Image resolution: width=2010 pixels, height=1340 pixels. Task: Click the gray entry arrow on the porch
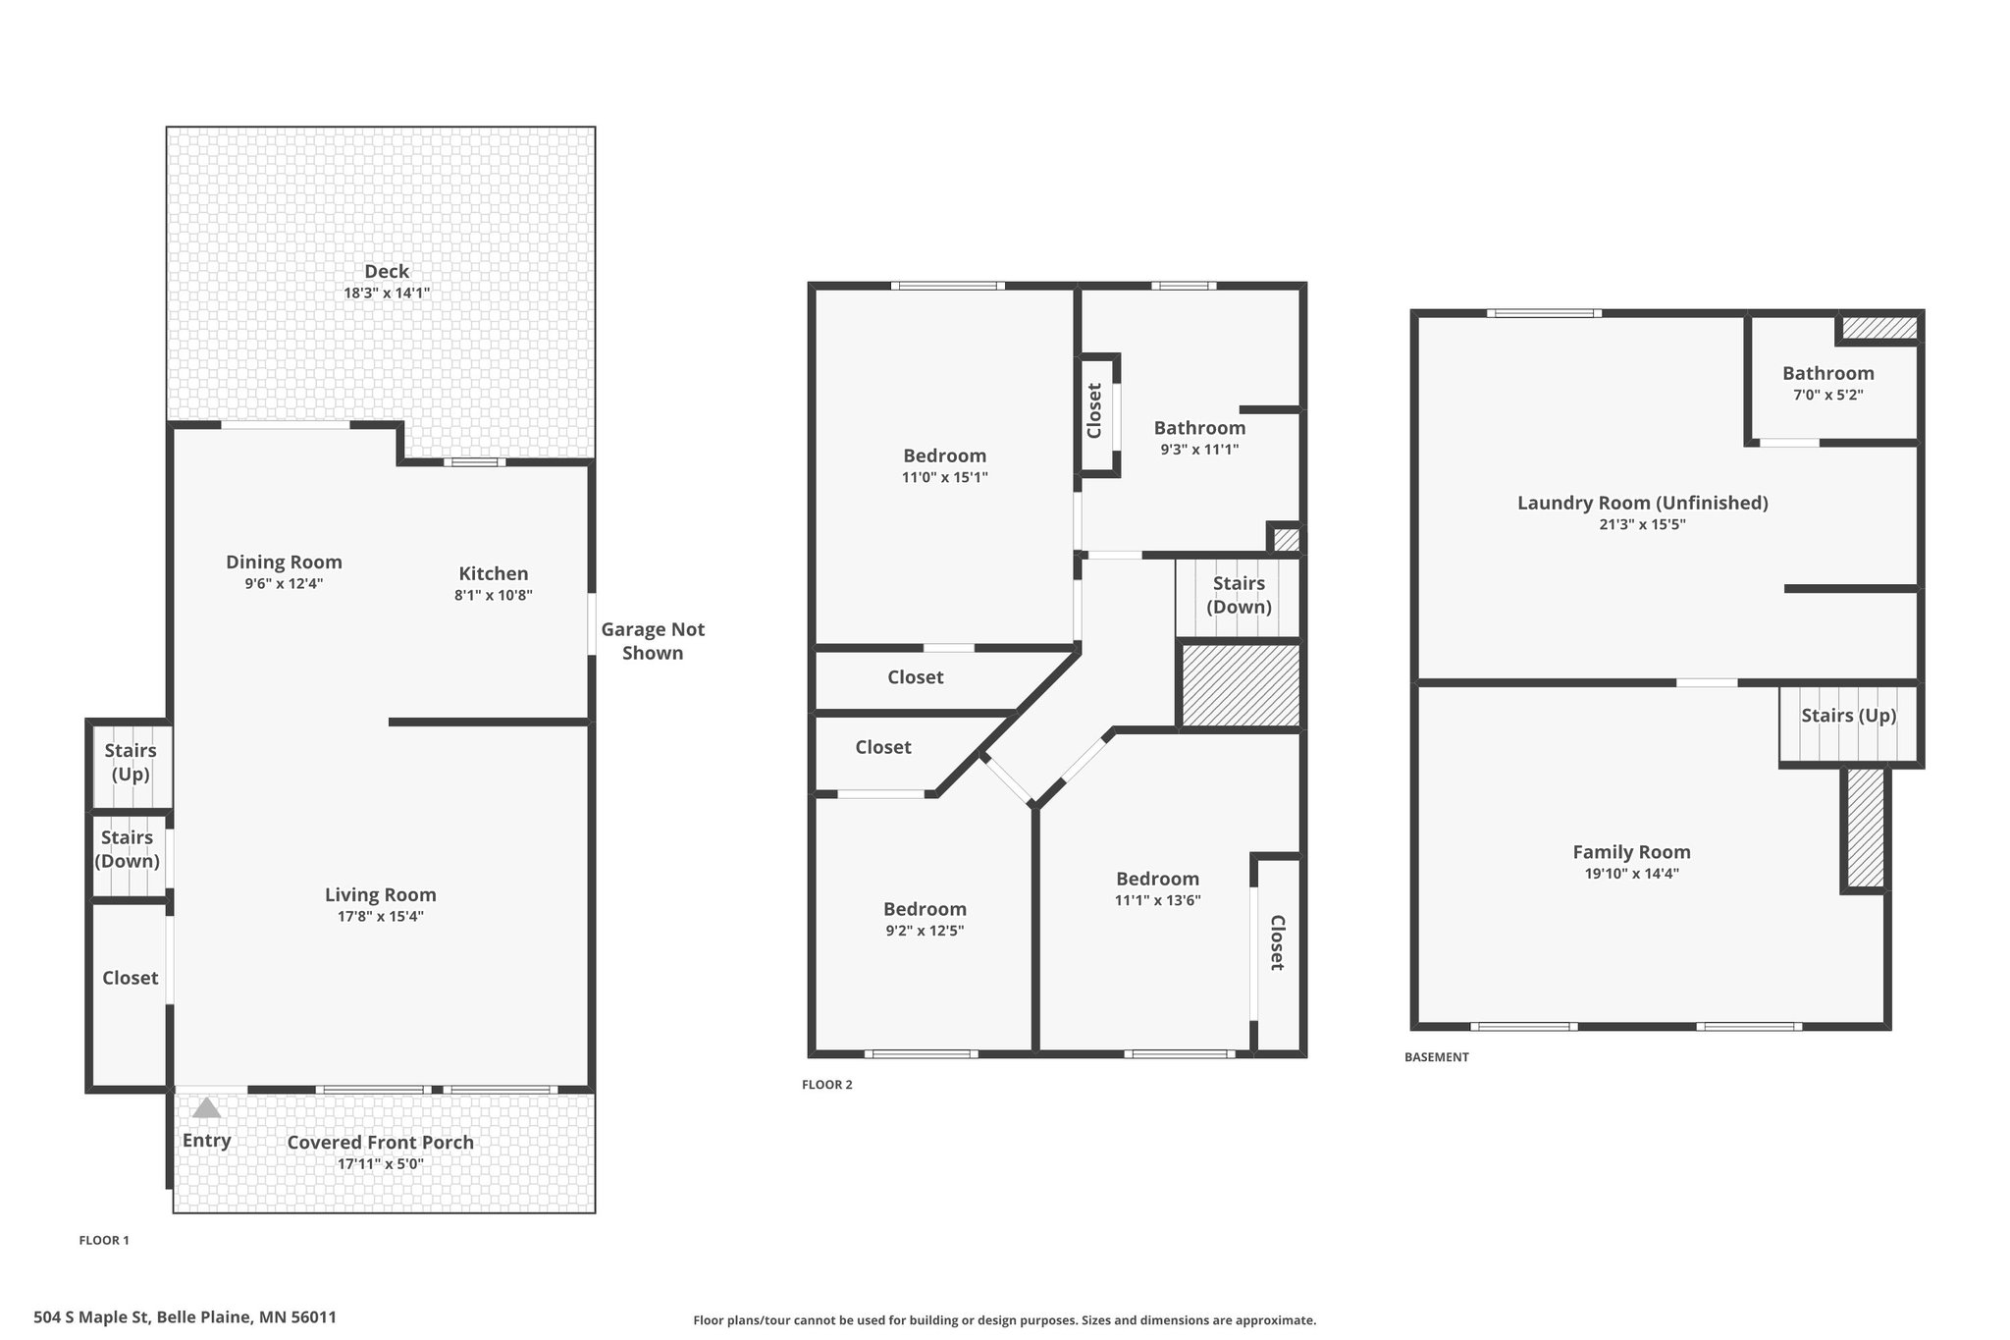206,1108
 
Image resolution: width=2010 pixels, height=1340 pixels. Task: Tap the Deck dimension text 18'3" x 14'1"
387,293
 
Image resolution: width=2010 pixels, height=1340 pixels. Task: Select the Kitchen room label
494,573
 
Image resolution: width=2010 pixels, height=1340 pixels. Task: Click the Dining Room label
284,563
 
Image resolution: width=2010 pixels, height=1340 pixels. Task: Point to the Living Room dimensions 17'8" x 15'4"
381,916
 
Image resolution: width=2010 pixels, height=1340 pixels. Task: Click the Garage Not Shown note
653,641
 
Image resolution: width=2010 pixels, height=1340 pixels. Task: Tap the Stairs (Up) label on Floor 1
131,763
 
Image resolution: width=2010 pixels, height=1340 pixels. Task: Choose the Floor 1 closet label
131,978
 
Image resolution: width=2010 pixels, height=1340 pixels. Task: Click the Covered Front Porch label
381,1142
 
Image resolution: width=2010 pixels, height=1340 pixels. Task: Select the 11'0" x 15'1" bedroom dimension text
945,477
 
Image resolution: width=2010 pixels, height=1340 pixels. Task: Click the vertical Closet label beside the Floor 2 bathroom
1095,410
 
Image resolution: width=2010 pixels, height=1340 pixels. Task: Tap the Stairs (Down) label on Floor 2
1239,595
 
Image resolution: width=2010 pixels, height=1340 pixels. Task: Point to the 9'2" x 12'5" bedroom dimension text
925,931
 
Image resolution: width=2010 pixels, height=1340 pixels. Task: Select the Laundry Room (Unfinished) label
1643,503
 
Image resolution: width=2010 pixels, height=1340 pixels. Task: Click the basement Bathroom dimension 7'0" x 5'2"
1828,395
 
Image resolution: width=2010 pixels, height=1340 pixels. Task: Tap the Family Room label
1631,852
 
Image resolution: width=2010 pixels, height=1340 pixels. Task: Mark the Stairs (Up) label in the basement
1849,716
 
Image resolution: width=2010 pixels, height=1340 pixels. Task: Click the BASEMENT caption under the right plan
1437,1057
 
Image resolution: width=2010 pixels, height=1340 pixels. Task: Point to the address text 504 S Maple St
92,1317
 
